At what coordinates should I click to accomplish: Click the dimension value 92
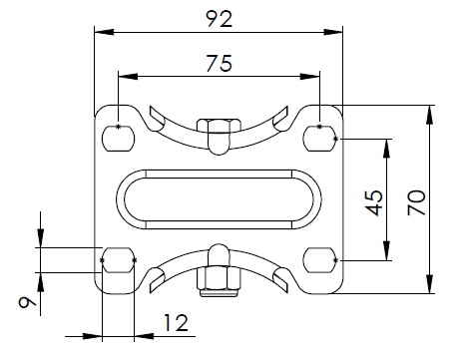click(x=219, y=19)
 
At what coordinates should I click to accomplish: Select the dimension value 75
click(x=219, y=63)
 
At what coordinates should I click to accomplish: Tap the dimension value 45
click(x=374, y=202)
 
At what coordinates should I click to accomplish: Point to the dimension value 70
click(x=416, y=202)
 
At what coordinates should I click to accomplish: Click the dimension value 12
click(x=176, y=323)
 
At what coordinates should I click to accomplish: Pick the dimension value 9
click(x=27, y=302)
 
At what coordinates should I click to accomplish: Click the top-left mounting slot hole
click(x=118, y=139)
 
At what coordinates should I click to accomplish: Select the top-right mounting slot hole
click(x=319, y=139)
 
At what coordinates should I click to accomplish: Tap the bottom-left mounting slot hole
click(x=118, y=260)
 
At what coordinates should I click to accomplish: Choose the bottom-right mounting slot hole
click(x=319, y=260)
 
